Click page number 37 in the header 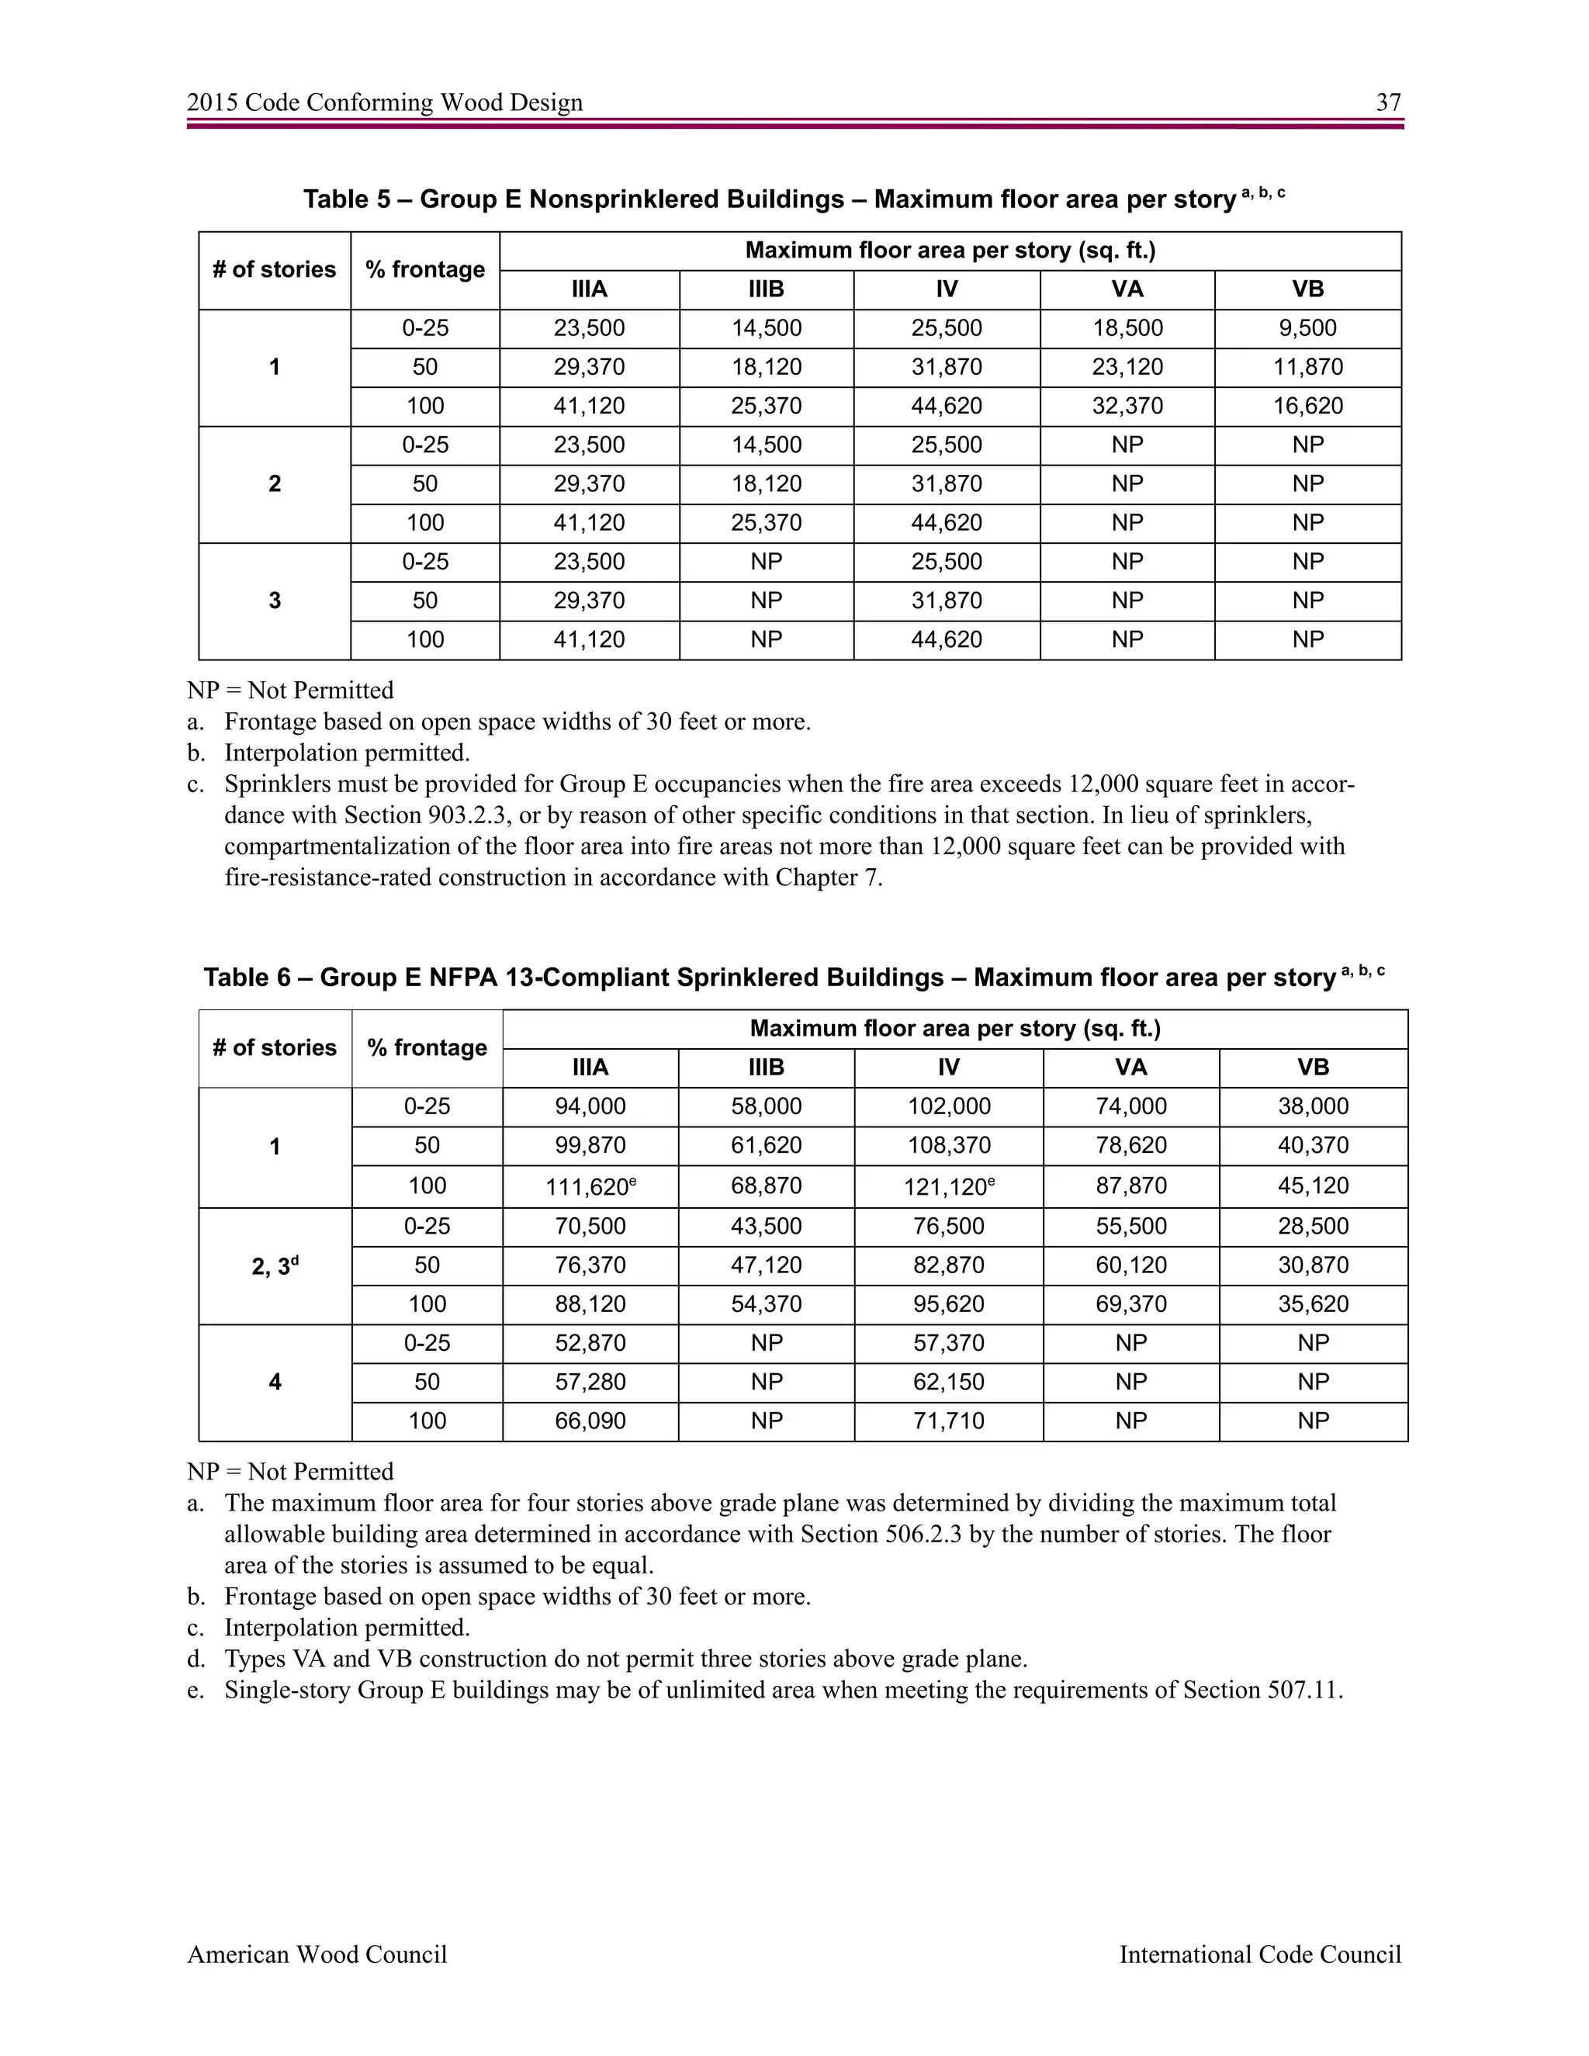(x=1387, y=102)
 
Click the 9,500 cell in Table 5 (x=1307, y=328)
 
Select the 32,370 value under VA (x=1127, y=407)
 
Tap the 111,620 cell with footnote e (x=590, y=1187)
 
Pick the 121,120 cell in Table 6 (x=947, y=1187)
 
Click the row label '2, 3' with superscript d (x=274, y=1267)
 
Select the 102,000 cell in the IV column (x=948, y=1107)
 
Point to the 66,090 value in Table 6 (x=590, y=1421)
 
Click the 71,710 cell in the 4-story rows (x=948, y=1421)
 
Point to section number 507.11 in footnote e (x=1303, y=1691)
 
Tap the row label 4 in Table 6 (x=274, y=1383)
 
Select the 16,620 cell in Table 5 (x=1307, y=407)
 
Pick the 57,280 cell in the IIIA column (x=590, y=1383)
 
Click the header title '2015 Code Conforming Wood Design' (x=384, y=102)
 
